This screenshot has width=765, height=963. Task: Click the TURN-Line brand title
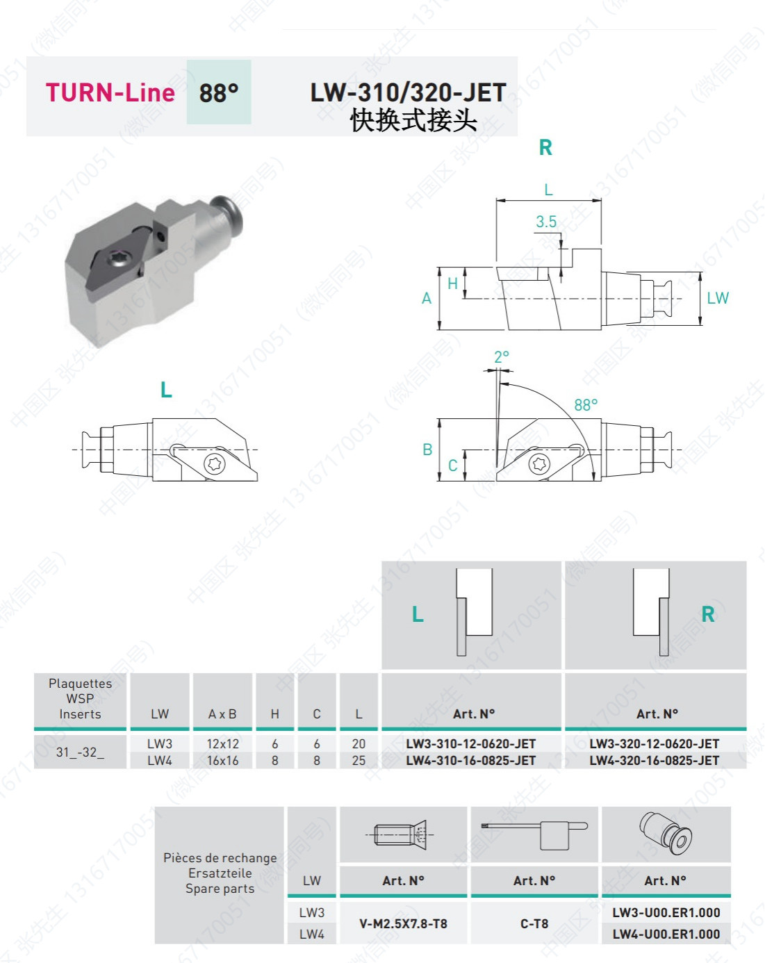click(x=110, y=92)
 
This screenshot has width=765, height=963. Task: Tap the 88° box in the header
click(x=219, y=92)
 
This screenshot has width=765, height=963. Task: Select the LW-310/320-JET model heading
click(x=408, y=92)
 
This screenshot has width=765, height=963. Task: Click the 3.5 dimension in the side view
click(x=546, y=222)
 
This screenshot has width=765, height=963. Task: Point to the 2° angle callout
click(x=502, y=356)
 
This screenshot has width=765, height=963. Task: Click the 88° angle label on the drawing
click(x=586, y=404)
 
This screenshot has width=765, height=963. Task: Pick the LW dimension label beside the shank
click(x=718, y=298)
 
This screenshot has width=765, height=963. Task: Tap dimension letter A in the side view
click(x=427, y=299)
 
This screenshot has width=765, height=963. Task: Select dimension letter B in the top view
click(x=427, y=450)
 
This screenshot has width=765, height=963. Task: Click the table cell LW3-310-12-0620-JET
click(x=471, y=743)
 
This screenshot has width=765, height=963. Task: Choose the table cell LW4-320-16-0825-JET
click(x=655, y=760)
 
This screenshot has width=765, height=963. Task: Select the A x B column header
click(x=222, y=714)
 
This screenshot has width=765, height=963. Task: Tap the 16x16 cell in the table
click(x=222, y=760)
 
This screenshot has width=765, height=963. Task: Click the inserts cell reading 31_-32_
click(x=80, y=752)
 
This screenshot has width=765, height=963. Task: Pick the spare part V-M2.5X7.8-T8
click(x=403, y=923)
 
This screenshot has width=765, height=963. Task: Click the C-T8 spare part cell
click(x=534, y=923)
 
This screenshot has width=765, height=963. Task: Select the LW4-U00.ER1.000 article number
click(x=666, y=934)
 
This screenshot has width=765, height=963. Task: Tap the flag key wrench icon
click(x=534, y=832)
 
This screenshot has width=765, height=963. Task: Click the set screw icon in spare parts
click(x=402, y=834)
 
